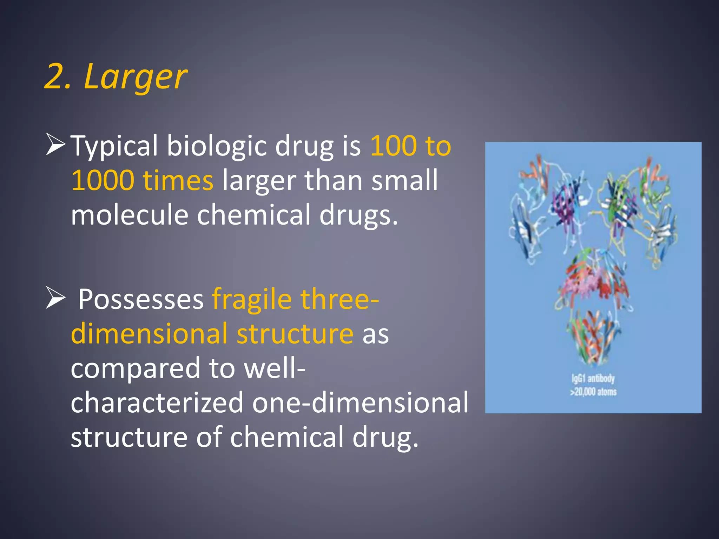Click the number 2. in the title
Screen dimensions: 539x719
[x=58, y=76]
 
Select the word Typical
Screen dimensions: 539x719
[x=114, y=146]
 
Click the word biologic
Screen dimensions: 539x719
[x=216, y=146]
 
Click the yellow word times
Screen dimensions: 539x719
[x=178, y=180]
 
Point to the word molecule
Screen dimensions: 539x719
[x=130, y=215]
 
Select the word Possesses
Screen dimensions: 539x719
[x=141, y=299]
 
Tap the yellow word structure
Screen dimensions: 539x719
[x=295, y=333]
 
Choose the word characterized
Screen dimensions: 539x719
[x=157, y=402]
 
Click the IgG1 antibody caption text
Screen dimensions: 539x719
[x=593, y=379]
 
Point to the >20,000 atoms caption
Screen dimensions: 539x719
[x=593, y=392]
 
